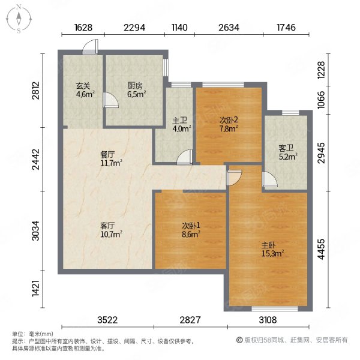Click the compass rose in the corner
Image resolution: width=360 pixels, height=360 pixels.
pos(19,19)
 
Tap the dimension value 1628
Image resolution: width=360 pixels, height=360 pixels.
pos(83,28)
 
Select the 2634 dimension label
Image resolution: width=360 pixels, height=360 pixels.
pos(229,28)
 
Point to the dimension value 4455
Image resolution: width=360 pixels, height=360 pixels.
pos(321,249)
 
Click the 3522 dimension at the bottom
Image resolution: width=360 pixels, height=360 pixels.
pos(107,320)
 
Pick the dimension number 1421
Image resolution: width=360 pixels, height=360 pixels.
pos(36,287)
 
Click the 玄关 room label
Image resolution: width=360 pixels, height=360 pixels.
pos(83,86)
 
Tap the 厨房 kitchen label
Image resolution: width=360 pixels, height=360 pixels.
pos(135,86)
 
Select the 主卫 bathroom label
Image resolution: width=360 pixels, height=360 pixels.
pos(179,121)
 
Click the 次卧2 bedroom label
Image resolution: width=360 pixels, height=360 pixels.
pos(229,120)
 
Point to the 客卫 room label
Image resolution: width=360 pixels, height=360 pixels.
pos(286,148)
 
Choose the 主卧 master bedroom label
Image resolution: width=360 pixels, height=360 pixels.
pos(269,245)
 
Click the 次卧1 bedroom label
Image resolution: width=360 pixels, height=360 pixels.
pos(191,226)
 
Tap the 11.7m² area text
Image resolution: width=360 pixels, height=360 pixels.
pos(111,163)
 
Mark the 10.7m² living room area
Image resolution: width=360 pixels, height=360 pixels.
pos(111,234)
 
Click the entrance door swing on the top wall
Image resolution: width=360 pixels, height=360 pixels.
pos(90,47)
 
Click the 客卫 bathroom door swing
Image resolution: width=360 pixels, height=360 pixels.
pos(270,178)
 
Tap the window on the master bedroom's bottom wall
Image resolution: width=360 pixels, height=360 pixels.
pos(275,309)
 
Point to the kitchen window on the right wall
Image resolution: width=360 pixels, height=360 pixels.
pos(166,67)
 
